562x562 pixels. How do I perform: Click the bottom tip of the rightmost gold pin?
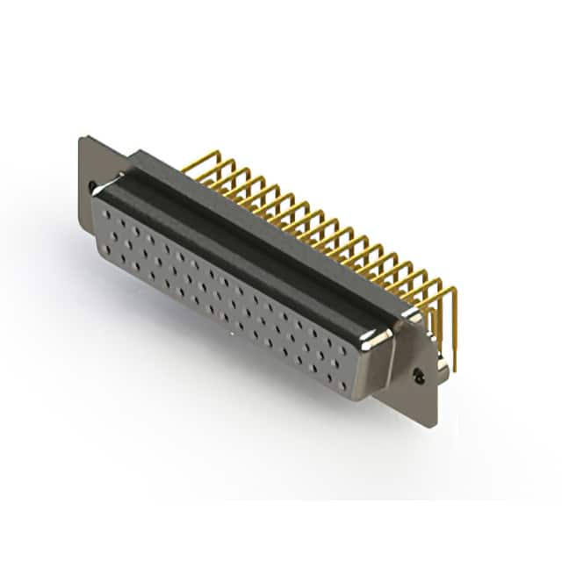click(453, 369)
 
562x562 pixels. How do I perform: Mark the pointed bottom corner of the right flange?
click(430, 425)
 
